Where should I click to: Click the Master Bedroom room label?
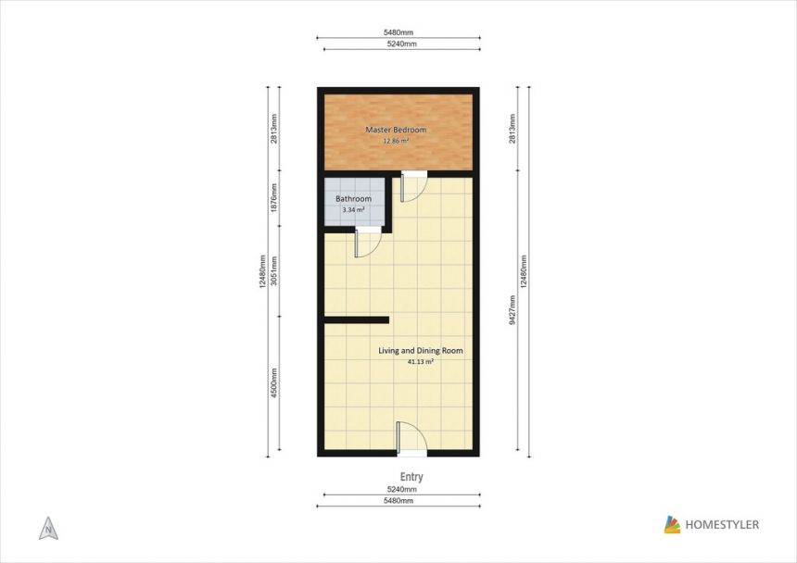click(x=396, y=130)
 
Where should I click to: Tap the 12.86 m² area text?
click(x=396, y=141)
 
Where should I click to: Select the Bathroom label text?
click(x=353, y=198)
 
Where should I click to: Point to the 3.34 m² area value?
click(x=353, y=209)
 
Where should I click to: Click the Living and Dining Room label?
click(x=421, y=350)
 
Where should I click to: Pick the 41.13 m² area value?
click(x=421, y=362)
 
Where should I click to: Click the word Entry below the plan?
click(x=411, y=477)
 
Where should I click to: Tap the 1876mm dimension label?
click(x=274, y=197)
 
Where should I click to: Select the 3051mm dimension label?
click(x=274, y=270)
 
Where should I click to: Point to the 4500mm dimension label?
click(x=274, y=382)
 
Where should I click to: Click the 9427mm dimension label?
click(x=512, y=310)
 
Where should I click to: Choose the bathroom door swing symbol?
click(x=368, y=243)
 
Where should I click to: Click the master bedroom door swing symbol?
click(x=413, y=187)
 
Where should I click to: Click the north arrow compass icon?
click(x=48, y=529)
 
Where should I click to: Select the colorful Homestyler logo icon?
click(x=672, y=524)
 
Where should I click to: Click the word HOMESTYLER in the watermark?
click(x=722, y=525)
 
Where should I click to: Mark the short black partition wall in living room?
click(x=357, y=319)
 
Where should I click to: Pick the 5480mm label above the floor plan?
click(x=398, y=32)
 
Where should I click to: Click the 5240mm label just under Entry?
click(x=402, y=490)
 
